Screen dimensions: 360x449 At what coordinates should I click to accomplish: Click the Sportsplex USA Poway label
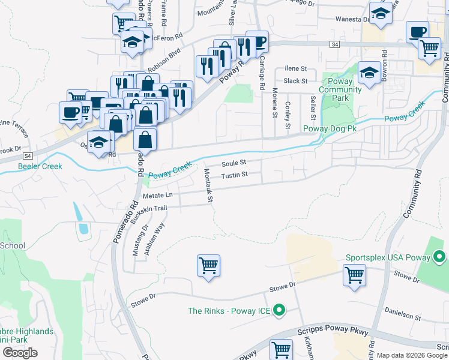click(388, 258)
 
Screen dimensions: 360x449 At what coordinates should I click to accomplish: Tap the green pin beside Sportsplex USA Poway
click(439, 258)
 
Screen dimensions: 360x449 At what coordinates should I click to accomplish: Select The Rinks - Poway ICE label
click(229, 311)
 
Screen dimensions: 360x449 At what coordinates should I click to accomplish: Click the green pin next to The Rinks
click(279, 310)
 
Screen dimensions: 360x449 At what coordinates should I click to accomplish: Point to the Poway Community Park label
click(340, 89)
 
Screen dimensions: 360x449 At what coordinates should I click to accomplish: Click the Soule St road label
click(234, 163)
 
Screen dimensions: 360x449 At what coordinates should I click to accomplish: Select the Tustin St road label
click(234, 175)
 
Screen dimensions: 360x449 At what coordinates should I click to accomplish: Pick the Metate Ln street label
click(157, 195)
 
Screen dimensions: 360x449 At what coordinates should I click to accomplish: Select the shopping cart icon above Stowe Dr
click(208, 265)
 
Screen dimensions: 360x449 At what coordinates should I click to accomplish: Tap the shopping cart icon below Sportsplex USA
click(354, 275)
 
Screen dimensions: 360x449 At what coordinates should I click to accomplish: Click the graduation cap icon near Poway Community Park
click(369, 73)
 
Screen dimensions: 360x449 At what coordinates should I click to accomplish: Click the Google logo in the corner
click(19, 353)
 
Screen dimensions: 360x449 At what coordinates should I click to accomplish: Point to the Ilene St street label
click(295, 69)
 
